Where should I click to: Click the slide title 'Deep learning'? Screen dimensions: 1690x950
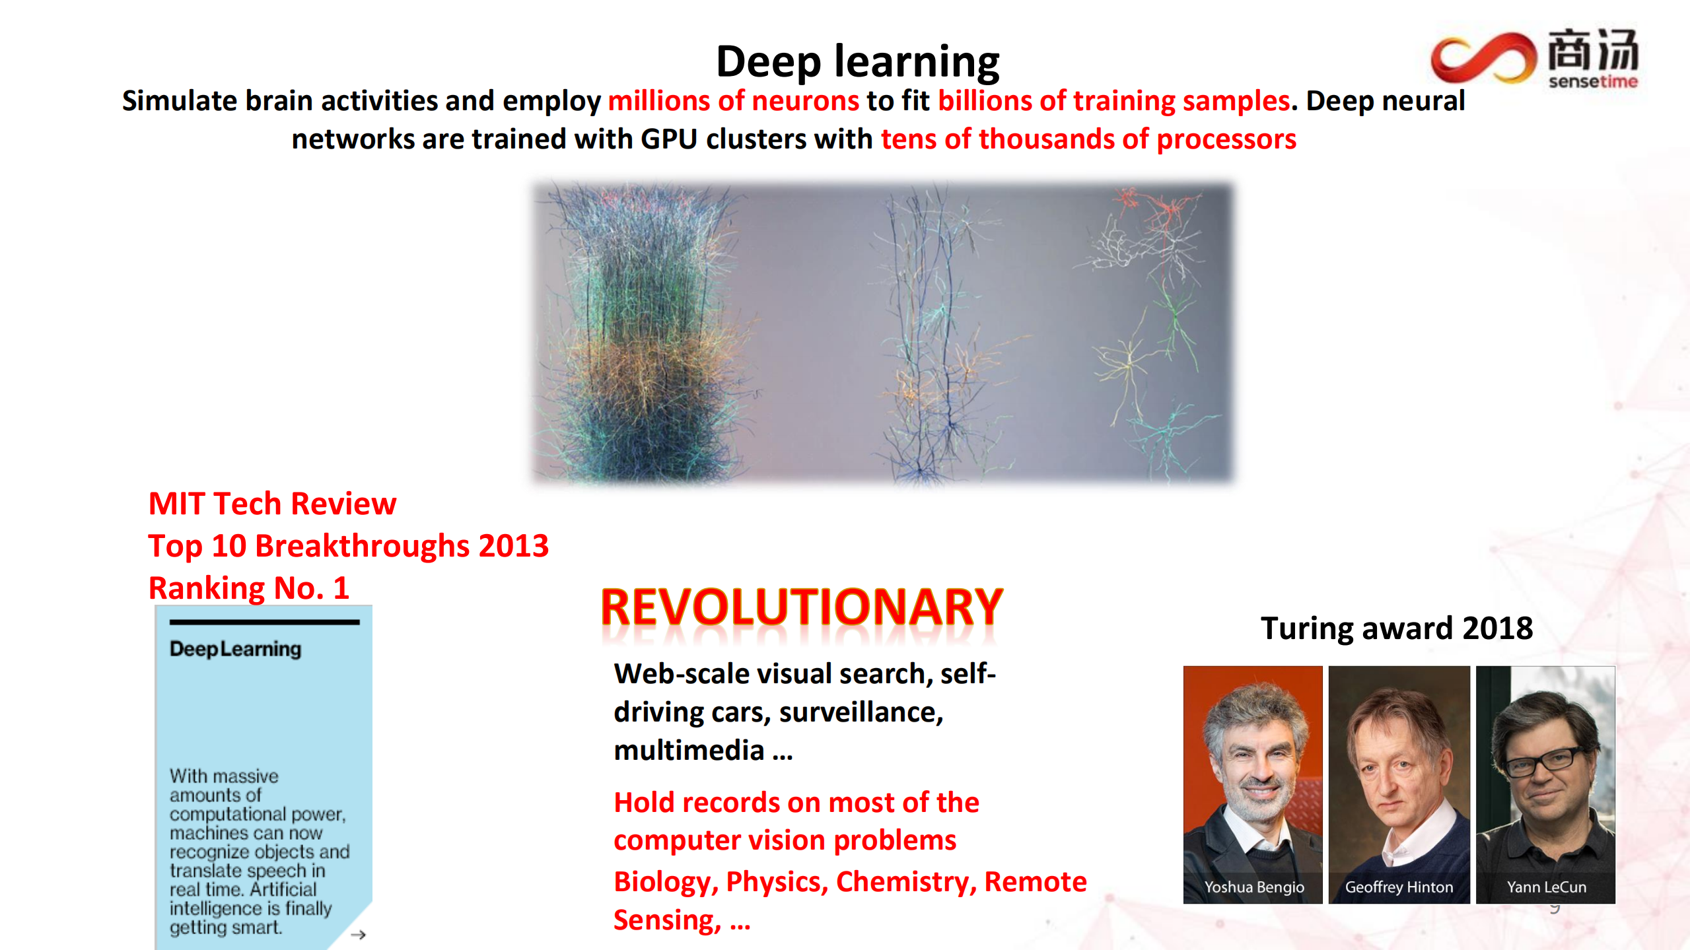pyautogui.click(x=857, y=61)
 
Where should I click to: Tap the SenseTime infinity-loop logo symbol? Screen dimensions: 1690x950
pyautogui.click(x=1482, y=57)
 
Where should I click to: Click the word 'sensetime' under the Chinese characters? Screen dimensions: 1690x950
pyautogui.click(x=1592, y=81)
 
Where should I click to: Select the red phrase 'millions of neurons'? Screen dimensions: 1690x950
pyautogui.click(x=733, y=101)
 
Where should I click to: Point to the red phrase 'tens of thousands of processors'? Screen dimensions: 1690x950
pyautogui.click(x=1088, y=139)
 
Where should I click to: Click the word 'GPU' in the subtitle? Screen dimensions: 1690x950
pyautogui.click(x=669, y=139)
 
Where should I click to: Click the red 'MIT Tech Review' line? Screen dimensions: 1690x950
pyautogui.click(x=272, y=504)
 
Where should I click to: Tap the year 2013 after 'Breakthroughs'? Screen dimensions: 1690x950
pyautogui.click(x=513, y=546)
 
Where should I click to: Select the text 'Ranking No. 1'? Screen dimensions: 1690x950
pyautogui.click(x=248, y=588)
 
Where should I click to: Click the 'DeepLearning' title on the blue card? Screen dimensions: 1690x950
pyautogui.click(x=235, y=649)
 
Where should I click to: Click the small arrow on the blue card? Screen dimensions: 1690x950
pyautogui.click(x=358, y=934)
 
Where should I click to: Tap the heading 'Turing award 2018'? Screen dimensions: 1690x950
pyautogui.click(x=1396, y=628)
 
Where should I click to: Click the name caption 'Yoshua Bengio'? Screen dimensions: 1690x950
pyautogui.click(x=1253, y=887)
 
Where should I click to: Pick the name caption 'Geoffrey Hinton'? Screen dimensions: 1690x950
pyautogui.click(x=1399, y=887)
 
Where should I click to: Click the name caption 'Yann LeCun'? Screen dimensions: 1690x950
pyautogui.click(x=1546, y=887)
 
